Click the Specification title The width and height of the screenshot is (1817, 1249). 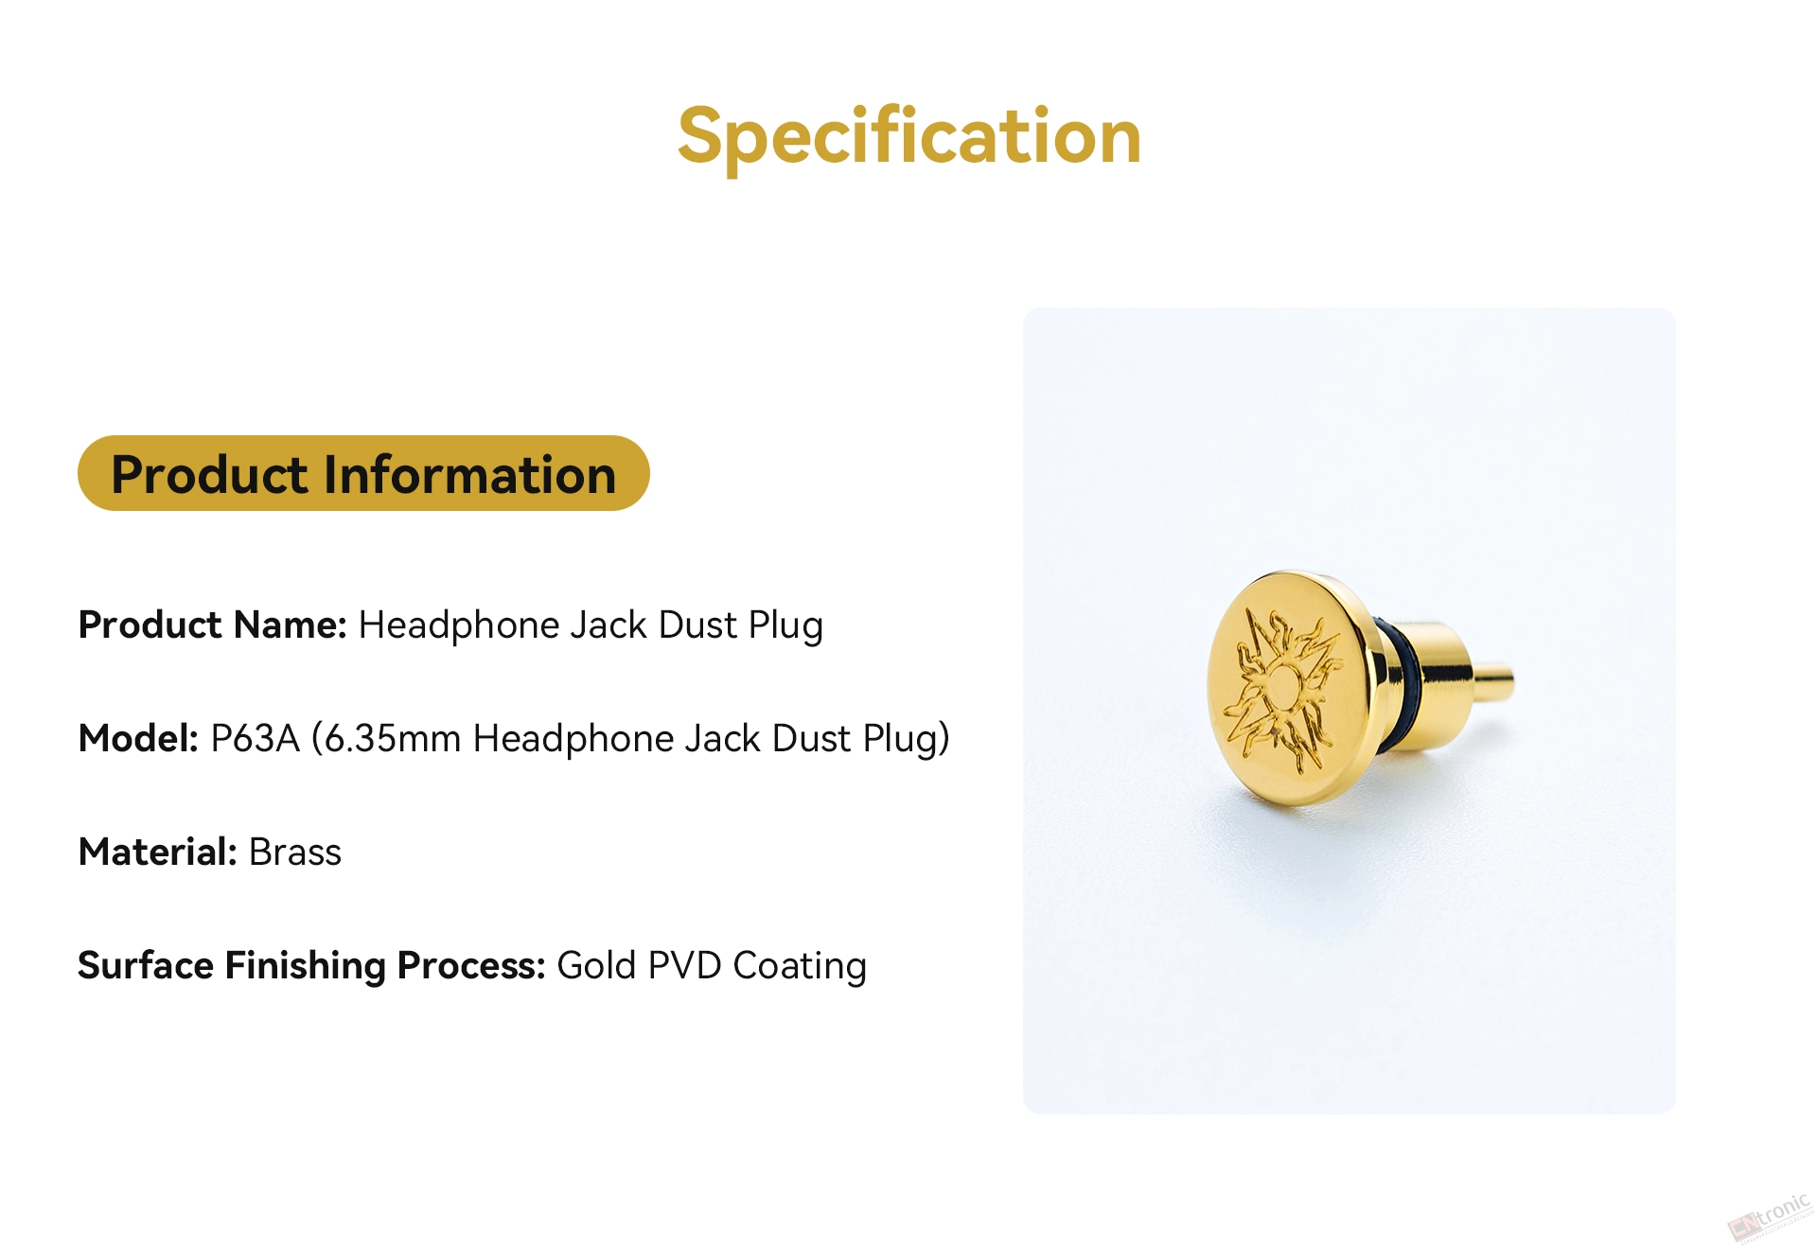909,137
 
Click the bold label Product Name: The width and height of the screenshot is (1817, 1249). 213,625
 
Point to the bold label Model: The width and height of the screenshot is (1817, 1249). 138,738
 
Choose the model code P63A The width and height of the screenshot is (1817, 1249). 255,738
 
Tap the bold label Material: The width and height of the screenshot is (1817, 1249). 157,852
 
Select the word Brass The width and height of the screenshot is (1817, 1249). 294,852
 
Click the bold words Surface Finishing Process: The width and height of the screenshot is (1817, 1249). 311,966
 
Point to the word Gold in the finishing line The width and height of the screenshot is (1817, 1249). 596,966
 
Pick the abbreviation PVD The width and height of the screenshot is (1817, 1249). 684,966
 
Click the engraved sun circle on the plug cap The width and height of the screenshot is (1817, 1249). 1283,686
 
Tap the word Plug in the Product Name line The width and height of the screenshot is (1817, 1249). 785,626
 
